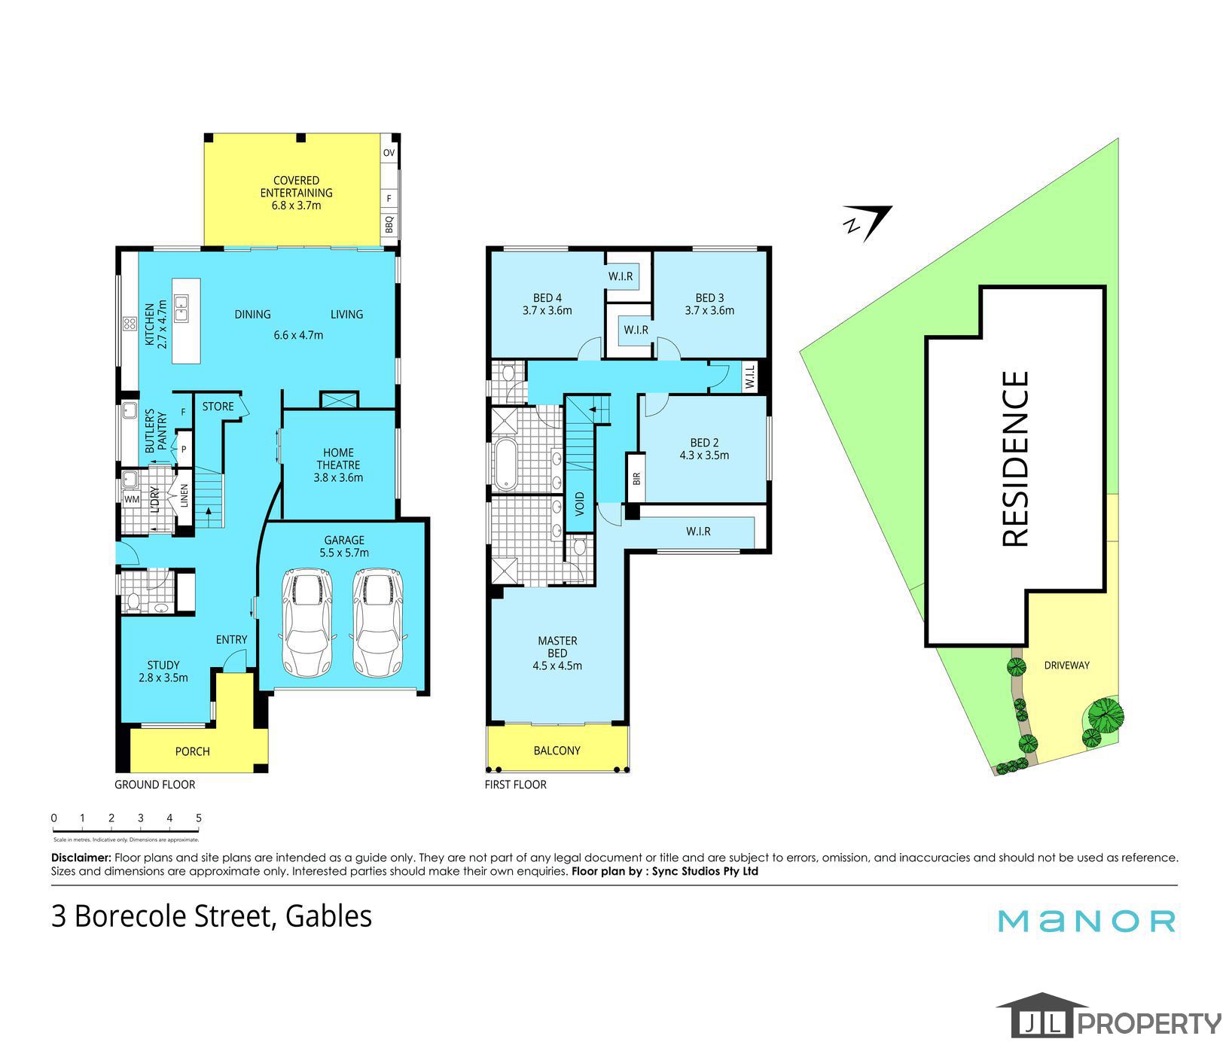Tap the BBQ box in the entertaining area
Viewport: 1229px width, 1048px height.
[389, 224]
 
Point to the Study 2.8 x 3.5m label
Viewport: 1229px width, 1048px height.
[163, 671]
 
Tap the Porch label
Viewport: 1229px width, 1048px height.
[192, 751]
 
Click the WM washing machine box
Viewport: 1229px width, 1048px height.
[132, 498]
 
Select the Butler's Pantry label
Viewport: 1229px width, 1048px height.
[154, 431]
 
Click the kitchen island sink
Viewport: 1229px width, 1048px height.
[181, 308]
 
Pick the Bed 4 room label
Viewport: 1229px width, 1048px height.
[547, 303]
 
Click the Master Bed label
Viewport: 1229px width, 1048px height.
[557, 653]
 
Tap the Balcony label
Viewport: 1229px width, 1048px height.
[557, 750]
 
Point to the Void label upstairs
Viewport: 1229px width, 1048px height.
[580, 502]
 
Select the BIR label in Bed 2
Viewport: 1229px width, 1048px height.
[636, 477]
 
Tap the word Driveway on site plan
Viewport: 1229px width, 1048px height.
[1066, 666]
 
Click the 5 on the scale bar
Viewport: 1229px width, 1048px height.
[199, 818]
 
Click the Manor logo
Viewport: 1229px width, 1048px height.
[1087, 921]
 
